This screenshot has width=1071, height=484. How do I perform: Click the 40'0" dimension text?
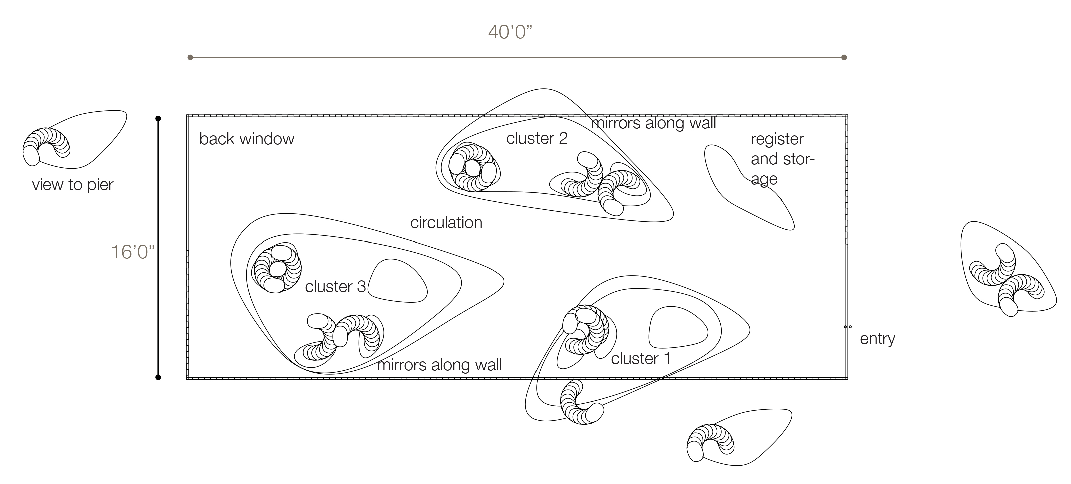click(510, 32)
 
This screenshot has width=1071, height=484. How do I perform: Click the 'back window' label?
click(247, 139)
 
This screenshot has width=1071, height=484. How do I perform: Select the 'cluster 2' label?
click(537, 138)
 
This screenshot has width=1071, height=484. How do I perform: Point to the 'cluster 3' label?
click(335, 287)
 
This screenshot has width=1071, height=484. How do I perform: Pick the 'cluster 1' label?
click(640, 359)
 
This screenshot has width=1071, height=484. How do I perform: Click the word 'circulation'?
click(446, 223)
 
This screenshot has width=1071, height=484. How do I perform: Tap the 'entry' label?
click(877, 339)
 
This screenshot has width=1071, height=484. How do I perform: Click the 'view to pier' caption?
click(73, 184)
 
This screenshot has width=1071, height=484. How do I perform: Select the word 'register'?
click(777, 139)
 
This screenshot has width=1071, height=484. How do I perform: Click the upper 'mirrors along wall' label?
click(653, 123)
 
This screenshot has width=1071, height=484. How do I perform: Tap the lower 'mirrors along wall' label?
click(439, 365)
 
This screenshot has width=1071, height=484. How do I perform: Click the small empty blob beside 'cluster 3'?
click(398, 281)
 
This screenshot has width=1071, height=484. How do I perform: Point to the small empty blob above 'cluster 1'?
click(678, 328)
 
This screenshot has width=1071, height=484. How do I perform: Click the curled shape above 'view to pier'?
click(46, 145)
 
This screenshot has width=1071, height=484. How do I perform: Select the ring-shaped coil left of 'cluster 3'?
click(276, 268)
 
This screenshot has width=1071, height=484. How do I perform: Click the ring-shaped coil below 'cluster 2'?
click(473, 167)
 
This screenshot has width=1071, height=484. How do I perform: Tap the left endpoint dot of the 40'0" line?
click(190, 57)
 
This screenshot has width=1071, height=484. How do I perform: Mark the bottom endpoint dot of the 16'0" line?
click(158, 377)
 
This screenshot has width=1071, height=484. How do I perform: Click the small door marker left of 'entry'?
click(848, 327)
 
